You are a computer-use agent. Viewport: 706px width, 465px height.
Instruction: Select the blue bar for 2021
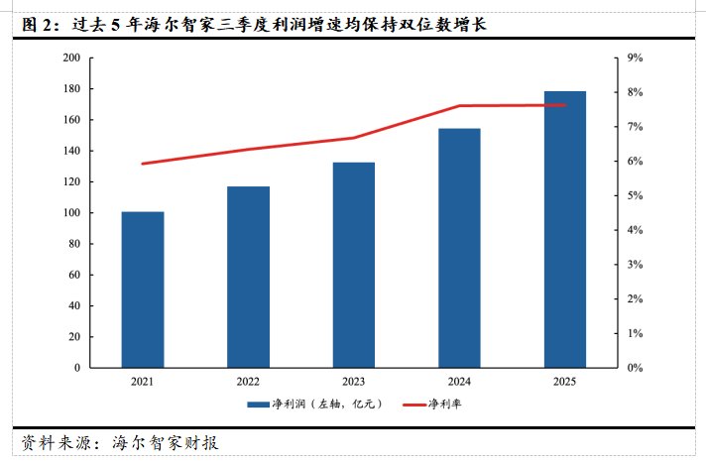pos(143,290)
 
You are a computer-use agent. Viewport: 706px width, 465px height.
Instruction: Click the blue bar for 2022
pos(248,277)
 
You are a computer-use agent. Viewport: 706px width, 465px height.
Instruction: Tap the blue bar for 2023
pos(353,265)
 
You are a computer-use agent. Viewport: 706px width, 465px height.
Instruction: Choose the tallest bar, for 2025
pos(564,229)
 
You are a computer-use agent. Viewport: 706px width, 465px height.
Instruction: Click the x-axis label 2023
pos(353,382)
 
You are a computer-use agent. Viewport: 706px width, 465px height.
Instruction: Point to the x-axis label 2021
pos(143,382)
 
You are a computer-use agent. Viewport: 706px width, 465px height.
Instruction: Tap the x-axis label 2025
pos(564,382)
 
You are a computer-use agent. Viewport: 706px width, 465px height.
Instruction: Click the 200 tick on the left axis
pos(70,58)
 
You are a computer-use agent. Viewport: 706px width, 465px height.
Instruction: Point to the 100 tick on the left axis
pos(70,213)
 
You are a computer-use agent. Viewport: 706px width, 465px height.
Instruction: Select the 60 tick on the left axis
pos(73,275)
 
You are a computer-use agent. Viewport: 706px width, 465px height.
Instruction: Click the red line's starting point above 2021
pos(143,164)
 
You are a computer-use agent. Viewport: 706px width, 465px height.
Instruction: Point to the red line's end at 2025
pos(564,105)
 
